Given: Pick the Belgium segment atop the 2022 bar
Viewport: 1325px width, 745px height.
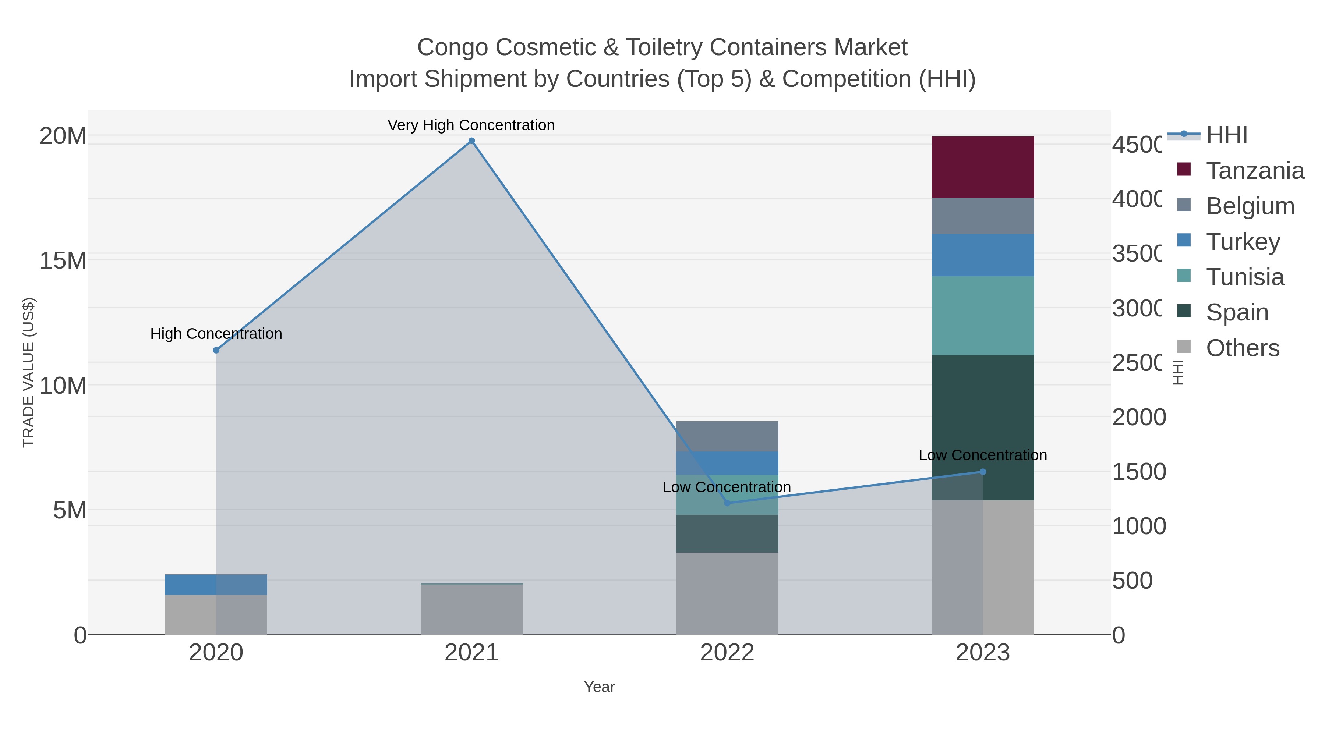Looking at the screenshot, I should click(x=727, y=436).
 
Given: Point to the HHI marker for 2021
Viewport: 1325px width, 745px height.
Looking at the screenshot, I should click(x=471, y=141).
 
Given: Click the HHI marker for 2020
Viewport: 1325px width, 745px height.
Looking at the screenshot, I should click(x=216, y=350).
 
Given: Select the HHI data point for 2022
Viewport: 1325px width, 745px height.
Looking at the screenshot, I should click(x=727, y=503).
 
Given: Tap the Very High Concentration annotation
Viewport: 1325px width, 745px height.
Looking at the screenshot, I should click(x=471, y=125).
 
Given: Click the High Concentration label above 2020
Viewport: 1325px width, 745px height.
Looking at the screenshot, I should click(x=216, y=334).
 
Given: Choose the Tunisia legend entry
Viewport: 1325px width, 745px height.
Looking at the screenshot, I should click(x=1245, y=277).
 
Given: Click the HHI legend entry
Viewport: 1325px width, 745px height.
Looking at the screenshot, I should click(x=1227, y=135).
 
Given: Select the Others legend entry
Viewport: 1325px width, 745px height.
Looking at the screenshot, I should click(x=1242, y=348).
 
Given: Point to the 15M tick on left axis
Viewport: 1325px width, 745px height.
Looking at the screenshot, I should click(x=63, y=261).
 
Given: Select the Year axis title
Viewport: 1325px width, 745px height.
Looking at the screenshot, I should click(x=599, y=687).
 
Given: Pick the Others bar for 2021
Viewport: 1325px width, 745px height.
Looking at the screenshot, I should click(x=471, y=609).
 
